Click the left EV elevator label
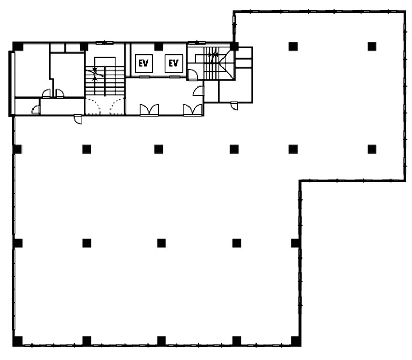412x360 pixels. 143,63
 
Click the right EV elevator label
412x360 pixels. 173,63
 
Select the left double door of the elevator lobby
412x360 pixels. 149,110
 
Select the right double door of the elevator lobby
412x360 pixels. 193,110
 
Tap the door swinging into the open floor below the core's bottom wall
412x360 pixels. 78,119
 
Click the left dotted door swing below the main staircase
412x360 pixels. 93,106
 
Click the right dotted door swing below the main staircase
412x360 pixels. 117,106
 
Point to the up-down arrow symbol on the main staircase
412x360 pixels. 95,74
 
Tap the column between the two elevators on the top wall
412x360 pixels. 159,47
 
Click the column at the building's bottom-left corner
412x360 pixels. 18,341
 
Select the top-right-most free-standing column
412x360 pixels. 372,47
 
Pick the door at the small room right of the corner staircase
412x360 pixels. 234,106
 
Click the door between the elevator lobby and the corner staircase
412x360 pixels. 193,75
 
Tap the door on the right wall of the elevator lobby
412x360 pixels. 198,91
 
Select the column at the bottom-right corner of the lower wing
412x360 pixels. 296,341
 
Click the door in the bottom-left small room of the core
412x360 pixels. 36,110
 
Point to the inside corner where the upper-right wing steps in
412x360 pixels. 300,181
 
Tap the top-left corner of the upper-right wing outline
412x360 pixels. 234,12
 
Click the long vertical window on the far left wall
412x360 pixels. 12,83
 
